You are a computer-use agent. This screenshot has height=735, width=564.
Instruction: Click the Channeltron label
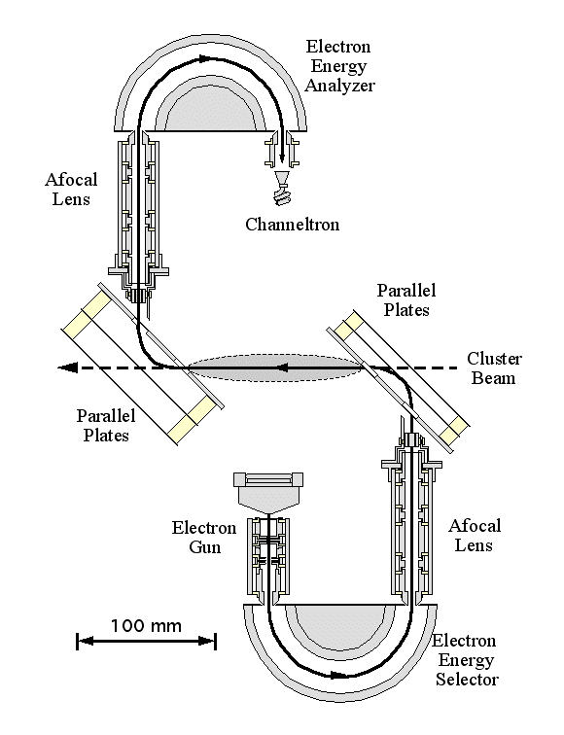pyautogui.click(x=292, y=224)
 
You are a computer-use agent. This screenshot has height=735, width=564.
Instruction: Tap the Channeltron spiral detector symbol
pyautogui.click(x=282, y=193)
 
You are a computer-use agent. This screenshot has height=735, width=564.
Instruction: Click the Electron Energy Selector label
pyautogui.click(x=466, y=660)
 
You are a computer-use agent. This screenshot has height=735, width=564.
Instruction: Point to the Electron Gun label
pyautogui.click(x=204, y=538)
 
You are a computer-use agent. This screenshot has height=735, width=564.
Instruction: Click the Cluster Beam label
pyautogui.click(x=494, y=367)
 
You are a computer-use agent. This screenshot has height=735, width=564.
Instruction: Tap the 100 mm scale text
pyautogui.click(x=146, y=626)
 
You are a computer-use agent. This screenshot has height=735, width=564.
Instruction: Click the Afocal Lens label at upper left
pyautogui.click(x=71, y=189)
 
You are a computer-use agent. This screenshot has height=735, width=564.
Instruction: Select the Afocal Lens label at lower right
pyautogui.click(x=475, y=536)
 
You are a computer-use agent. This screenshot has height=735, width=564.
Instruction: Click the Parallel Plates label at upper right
pyautogui.click(x=406, y=300)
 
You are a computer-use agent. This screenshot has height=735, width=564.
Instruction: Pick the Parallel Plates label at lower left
pyautogui.click(x=106, y=425)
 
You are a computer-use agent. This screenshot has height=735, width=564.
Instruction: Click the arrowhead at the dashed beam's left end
pyautogui.click(x=67, y=367)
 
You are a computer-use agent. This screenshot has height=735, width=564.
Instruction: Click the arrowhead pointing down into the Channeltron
pyautogui.click(x=282, y=157)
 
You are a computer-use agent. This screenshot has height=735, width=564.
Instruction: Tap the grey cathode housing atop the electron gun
pyautogui.click(x=268, y=494)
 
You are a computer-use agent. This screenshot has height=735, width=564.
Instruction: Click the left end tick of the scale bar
pyautogui.click(x=77, y=641)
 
